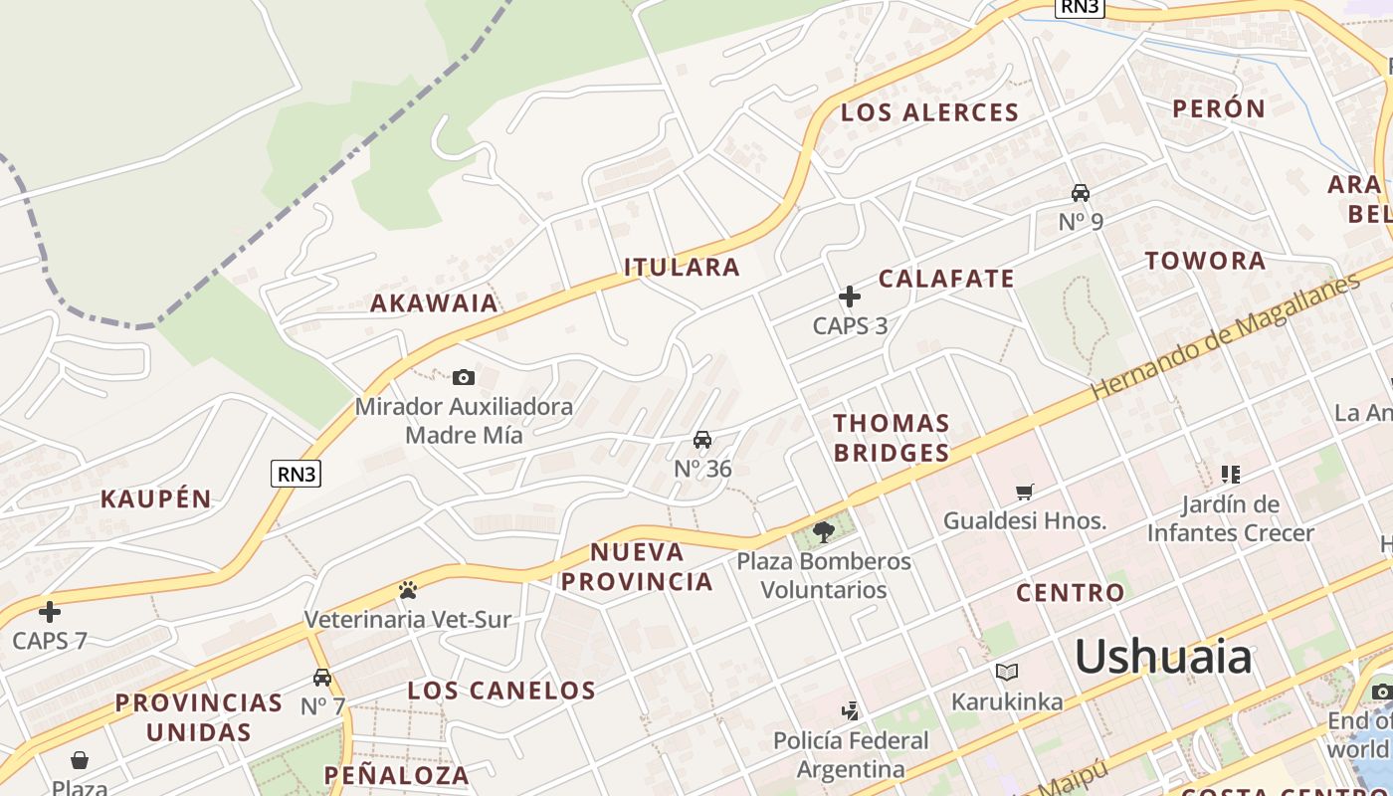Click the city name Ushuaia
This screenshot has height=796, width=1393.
point(1162,658)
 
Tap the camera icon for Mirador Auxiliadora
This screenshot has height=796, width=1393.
point(464,377)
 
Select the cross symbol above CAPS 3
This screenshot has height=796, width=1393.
point(850,297)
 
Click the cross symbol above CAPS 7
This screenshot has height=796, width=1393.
point(50,612)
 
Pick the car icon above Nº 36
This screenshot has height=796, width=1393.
point(702,440)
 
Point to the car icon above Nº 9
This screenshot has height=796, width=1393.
point(1081,192)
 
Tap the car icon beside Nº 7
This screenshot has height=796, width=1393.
point(322,678)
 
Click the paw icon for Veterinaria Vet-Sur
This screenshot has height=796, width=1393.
point(407,590)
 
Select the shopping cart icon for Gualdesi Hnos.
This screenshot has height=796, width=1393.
point(1025,492)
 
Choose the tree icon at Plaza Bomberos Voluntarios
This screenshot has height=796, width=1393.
point(823,532)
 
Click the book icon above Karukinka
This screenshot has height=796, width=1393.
point(1007,673)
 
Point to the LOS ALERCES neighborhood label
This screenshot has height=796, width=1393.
point(930,112)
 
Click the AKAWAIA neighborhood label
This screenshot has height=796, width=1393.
point(434,303)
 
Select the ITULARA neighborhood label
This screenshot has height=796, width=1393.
point(683,267)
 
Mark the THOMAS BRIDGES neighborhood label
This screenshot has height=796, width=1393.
point(892,438)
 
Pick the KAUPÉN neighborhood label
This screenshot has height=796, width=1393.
point(156,499)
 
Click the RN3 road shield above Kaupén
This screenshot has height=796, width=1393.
point(297,474)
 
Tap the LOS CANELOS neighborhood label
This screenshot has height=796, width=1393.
point(501,691)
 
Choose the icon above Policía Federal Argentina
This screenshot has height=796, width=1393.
point(850,711)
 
